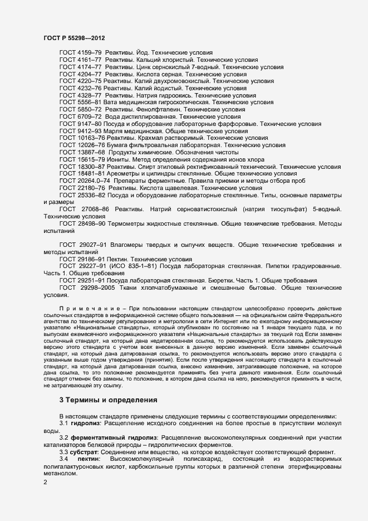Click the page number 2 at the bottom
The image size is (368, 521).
45,483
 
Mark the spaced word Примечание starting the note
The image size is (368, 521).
84,308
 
